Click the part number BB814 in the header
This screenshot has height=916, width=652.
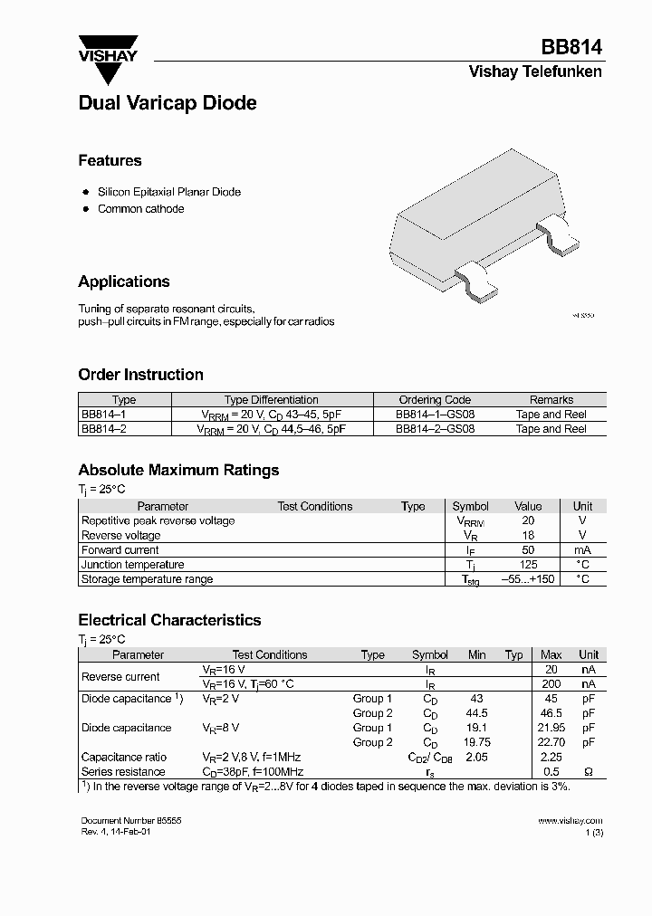[x=571, y=48]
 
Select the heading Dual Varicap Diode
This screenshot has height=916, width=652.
[x=168, y=103]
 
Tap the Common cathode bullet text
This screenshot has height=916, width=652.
[x=140, y=209]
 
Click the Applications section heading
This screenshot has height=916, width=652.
[x=124, y=281]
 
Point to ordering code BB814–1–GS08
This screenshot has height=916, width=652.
[x=435, y=415]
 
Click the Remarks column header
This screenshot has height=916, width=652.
[x=551, y=399]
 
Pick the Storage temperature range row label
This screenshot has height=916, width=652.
[x=147, y=579]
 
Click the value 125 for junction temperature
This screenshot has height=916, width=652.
[x=528, y=565]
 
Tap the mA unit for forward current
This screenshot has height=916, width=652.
[x=582, y=550]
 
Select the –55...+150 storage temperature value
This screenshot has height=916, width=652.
[x=528, y=579]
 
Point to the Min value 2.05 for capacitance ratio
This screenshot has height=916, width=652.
[x=476, y=758]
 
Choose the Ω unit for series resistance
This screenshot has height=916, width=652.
[x=589, y=772]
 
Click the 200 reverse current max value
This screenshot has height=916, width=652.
[x=551, y=684]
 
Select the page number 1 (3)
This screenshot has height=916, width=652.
[x=592, y=831]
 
